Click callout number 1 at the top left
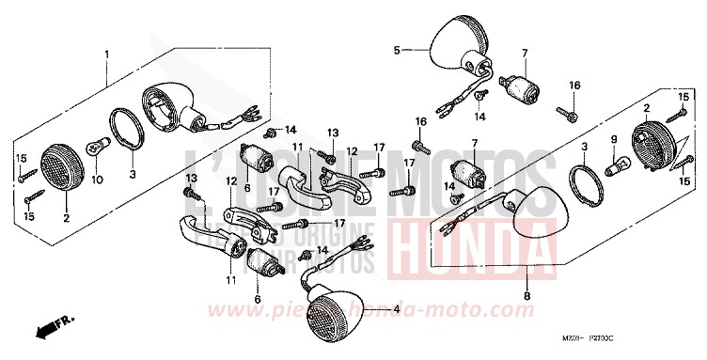pos(106,54)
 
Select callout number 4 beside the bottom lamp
pos(398,309)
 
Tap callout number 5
pos(397,49)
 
